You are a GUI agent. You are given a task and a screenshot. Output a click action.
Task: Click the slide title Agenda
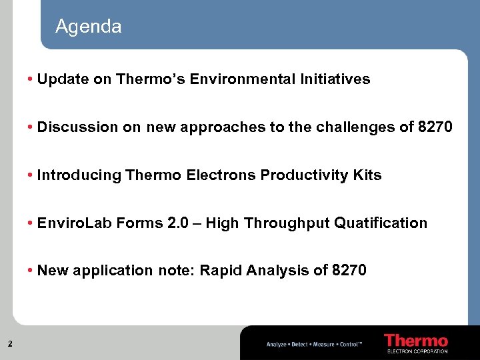pos(88,27)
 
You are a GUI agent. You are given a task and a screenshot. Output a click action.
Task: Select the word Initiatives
pos(331,79)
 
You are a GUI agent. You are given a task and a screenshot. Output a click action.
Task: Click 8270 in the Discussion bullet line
pos(435,127)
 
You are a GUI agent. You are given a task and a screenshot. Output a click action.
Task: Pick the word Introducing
pos(79,175)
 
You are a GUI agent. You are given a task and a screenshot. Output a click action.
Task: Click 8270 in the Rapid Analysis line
pos(349,271)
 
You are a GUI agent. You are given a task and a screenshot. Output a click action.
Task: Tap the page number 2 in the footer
pos(10,344)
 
